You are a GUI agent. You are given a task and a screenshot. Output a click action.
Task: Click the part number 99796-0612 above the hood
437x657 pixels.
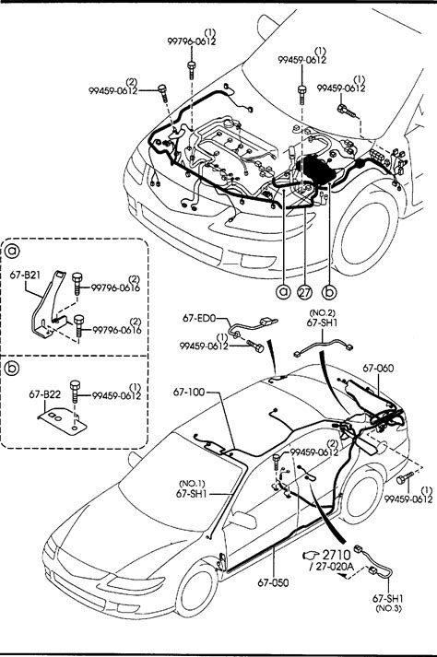191,41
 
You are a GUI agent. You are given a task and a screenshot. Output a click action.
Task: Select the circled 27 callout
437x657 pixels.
305,291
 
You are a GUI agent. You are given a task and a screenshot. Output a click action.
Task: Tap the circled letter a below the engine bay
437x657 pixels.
284,291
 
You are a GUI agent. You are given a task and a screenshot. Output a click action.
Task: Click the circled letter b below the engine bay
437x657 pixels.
330,291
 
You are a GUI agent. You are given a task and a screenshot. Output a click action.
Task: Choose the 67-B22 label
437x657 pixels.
44,394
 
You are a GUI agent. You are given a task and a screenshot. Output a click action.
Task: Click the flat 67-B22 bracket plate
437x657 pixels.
62,422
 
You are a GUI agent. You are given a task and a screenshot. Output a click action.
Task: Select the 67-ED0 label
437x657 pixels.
199,318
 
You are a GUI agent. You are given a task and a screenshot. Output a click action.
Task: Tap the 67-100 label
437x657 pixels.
189,393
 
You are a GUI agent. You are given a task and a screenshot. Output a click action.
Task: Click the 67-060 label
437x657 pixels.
378,369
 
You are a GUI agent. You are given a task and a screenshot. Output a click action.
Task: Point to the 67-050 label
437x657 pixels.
273,582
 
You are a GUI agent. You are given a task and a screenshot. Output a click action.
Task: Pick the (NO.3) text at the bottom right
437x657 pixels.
388,609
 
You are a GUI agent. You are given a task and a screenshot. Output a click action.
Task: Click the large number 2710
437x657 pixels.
337,556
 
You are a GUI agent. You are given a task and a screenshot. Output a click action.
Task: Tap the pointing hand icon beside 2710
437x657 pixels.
312,556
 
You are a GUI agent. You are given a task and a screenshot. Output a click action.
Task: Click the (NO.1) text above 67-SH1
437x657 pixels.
192,484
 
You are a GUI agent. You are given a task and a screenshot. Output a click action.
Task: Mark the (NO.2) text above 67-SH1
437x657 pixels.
322,313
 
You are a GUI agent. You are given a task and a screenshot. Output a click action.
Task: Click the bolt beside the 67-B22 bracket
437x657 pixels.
75,391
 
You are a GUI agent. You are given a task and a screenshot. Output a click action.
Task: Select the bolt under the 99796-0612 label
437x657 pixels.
191,69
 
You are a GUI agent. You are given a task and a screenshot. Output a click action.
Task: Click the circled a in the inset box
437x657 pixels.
13,251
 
